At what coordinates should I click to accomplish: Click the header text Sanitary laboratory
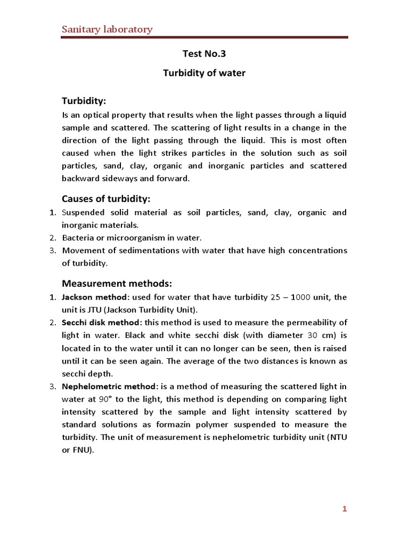(108, 29)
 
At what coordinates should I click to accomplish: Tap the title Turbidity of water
(204, 73)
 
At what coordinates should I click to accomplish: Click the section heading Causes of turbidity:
(107, 199)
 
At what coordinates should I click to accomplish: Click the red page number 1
(345, 509)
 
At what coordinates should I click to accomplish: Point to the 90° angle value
(104, 399)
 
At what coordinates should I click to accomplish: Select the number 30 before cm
(314, 335)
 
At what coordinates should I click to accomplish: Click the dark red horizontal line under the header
(204, 38)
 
